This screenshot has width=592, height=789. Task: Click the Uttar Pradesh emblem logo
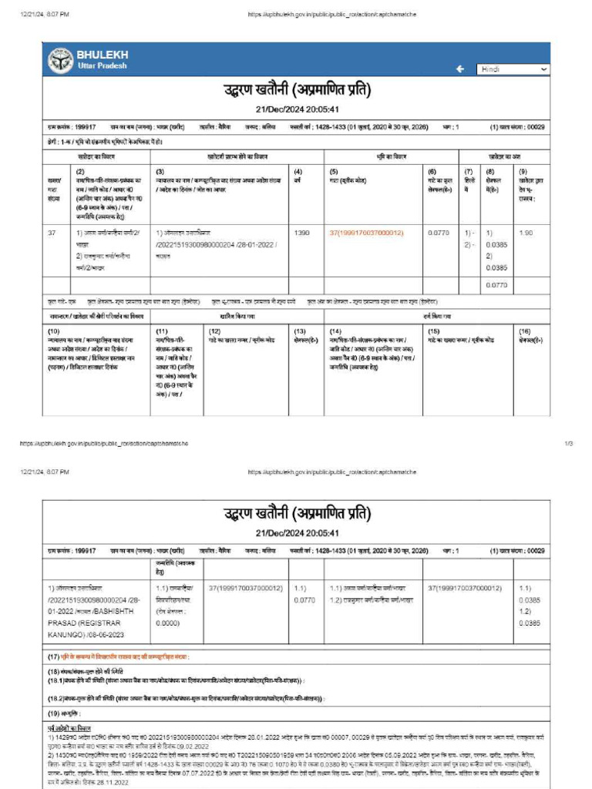pos(61,60)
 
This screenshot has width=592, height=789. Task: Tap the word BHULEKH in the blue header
pos(103,55)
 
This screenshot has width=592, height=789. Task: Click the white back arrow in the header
pos(460,69)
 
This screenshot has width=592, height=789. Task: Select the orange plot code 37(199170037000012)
pos(366,233)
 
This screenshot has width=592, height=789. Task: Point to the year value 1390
pos(302,233)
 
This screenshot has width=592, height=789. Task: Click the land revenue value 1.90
pos(526,233)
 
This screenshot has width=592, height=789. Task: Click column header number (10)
pos(54,331)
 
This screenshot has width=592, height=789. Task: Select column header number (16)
pos(525,331)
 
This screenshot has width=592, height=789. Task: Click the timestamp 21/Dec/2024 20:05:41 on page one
pos(297,109)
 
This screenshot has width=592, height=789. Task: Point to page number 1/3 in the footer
pos(569,444)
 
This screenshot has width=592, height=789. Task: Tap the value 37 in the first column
pos(52,233)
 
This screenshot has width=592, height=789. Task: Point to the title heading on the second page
pos(297,513)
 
